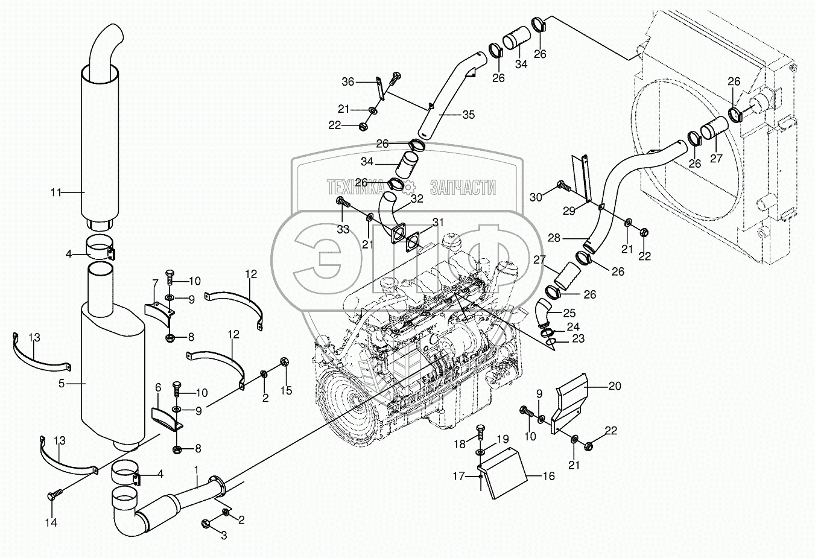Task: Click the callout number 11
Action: pyautogui.click(x=55, y=192)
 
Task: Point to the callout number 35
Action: pyautogui.click(x=468, y=114)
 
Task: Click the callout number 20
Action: pyautogui.click(x=614, y=386)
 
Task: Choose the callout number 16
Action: pyautogui.click(x=548, y=476)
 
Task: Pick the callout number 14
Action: pyautogui.click(x=52, y=523)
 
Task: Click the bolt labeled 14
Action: pyautogui.click(x=52, y=496)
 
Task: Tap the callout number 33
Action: pyautogui.click(x=343, y=229)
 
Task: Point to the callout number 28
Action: pyautogui.click(x=554, y=238)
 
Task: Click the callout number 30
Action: pyautogui.click(x=536, y=197)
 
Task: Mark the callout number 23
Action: pyautogui.click(x=578, y=339)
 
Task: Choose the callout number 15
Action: pyautogui.click(x=286, y=390)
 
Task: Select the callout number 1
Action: pyautogui.click(x=196, y=469)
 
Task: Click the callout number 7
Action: pyautogui.click(x=155, y=284)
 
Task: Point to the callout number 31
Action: pyautogui.click(x=437, y=222)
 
